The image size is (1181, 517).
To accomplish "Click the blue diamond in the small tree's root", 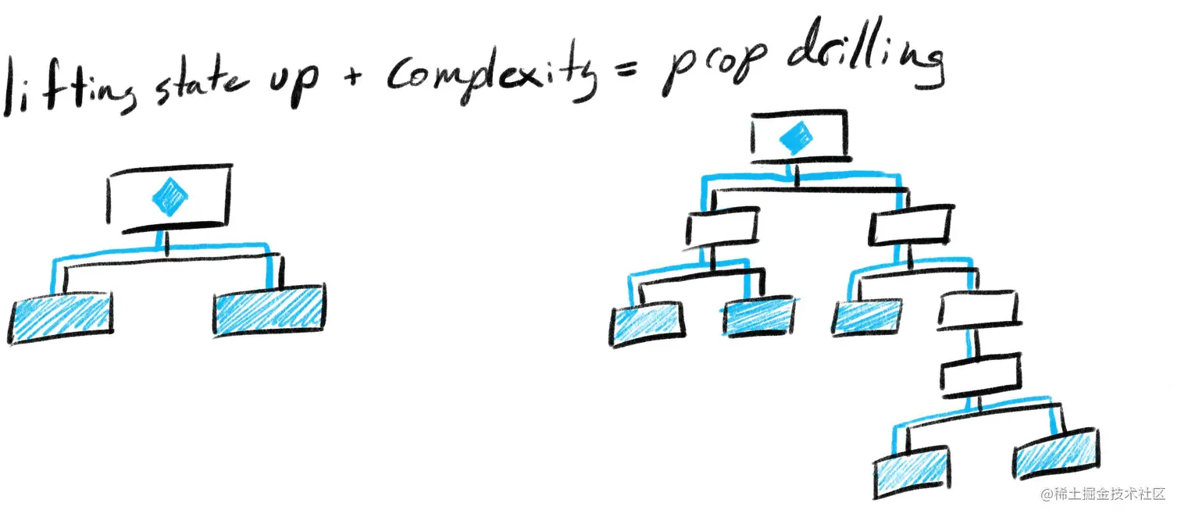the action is click(169, 198).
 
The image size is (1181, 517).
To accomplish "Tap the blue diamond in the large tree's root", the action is click(796, 138).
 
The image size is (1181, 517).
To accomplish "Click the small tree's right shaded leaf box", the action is click(269, 309).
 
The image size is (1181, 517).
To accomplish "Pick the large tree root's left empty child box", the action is click(723, 228).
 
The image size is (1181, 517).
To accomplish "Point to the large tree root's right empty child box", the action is click(910, 226).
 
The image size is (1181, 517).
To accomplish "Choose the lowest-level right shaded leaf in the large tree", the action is click(1058, 455).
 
